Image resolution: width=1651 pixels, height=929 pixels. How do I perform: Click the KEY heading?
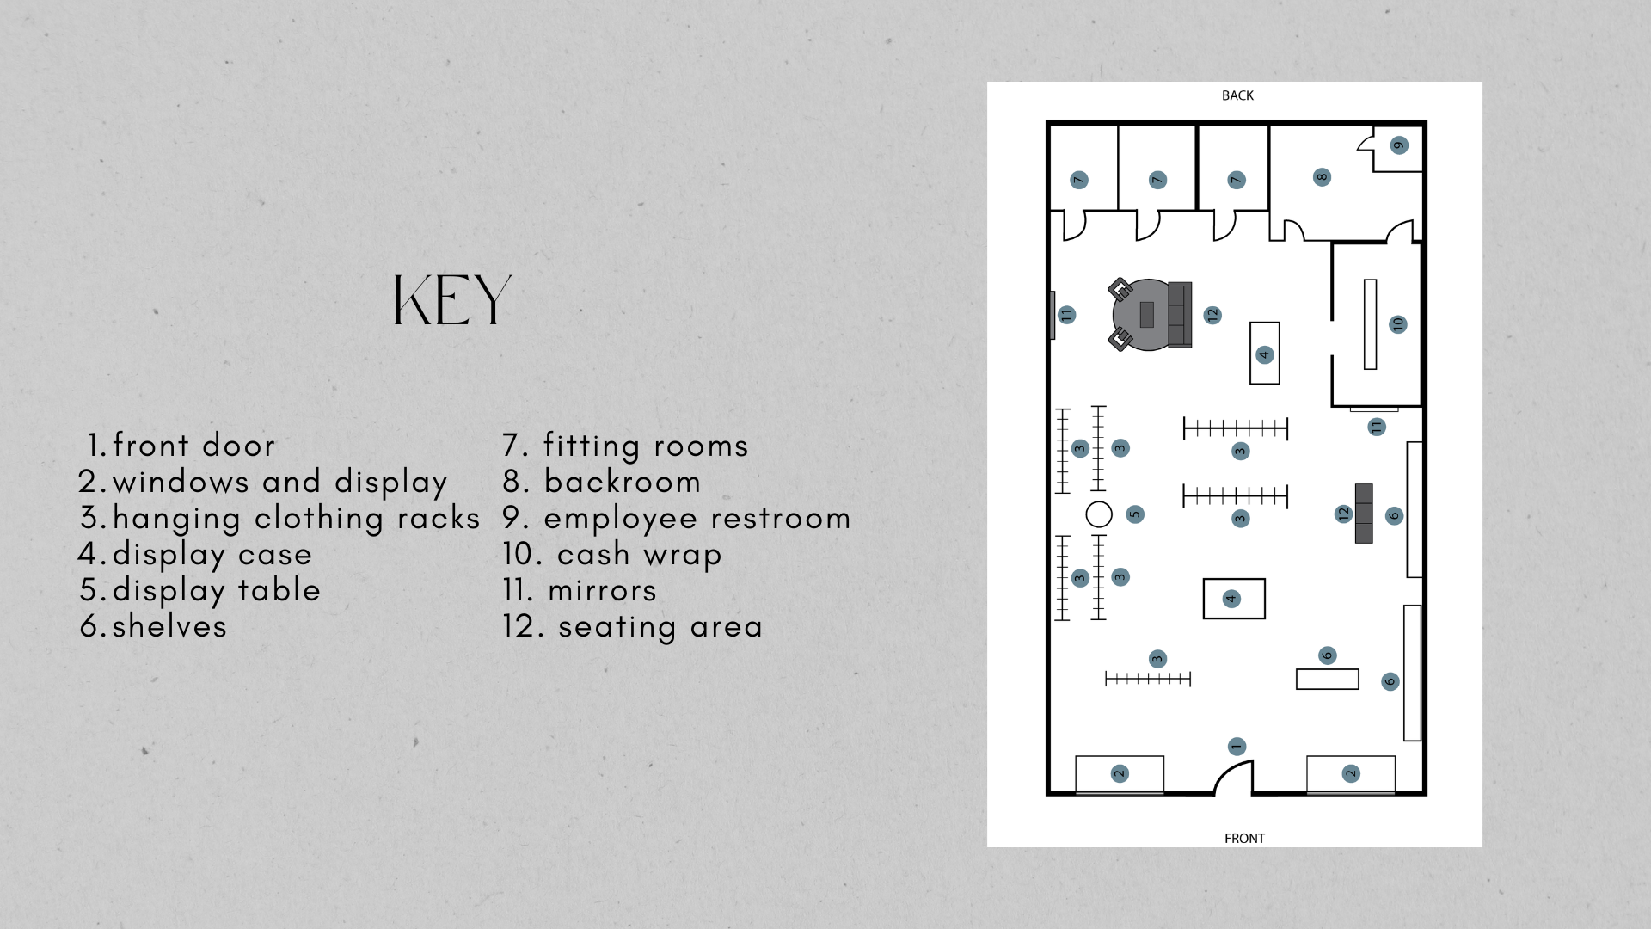pos(451,301)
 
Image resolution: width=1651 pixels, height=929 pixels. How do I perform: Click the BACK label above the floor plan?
pos(1237,95)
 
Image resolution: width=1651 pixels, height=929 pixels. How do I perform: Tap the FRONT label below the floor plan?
pos(1244,838)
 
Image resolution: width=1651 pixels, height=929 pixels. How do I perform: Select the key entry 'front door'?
pos(181,446)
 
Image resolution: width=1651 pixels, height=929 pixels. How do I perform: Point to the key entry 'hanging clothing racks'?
pos(280,518)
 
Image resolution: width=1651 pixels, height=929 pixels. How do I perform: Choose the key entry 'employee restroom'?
pos(677,518)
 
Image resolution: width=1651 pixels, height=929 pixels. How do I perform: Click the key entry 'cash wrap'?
pos(612,554)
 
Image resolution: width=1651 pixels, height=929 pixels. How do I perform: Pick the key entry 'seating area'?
pos(633,626)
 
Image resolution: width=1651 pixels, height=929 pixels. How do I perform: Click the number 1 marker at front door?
pos(1237,747)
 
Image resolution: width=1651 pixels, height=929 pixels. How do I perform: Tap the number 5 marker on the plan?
pos(1135,514)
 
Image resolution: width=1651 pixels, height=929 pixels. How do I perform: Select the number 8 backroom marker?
pos(1322,177)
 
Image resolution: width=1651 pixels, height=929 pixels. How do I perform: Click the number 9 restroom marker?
pos(1399,145)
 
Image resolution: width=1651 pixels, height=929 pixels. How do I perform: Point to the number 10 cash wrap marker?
pos(1397,324)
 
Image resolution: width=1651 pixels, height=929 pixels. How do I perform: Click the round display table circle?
pos(1099,514)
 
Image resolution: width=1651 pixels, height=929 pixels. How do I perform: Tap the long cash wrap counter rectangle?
pos(1370,324)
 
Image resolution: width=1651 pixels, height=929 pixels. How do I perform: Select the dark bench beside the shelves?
pos(1364,514)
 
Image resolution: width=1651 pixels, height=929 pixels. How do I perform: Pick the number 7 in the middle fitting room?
pos(1157,180)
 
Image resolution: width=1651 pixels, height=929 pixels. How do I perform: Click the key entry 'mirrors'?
pos(580,590)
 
